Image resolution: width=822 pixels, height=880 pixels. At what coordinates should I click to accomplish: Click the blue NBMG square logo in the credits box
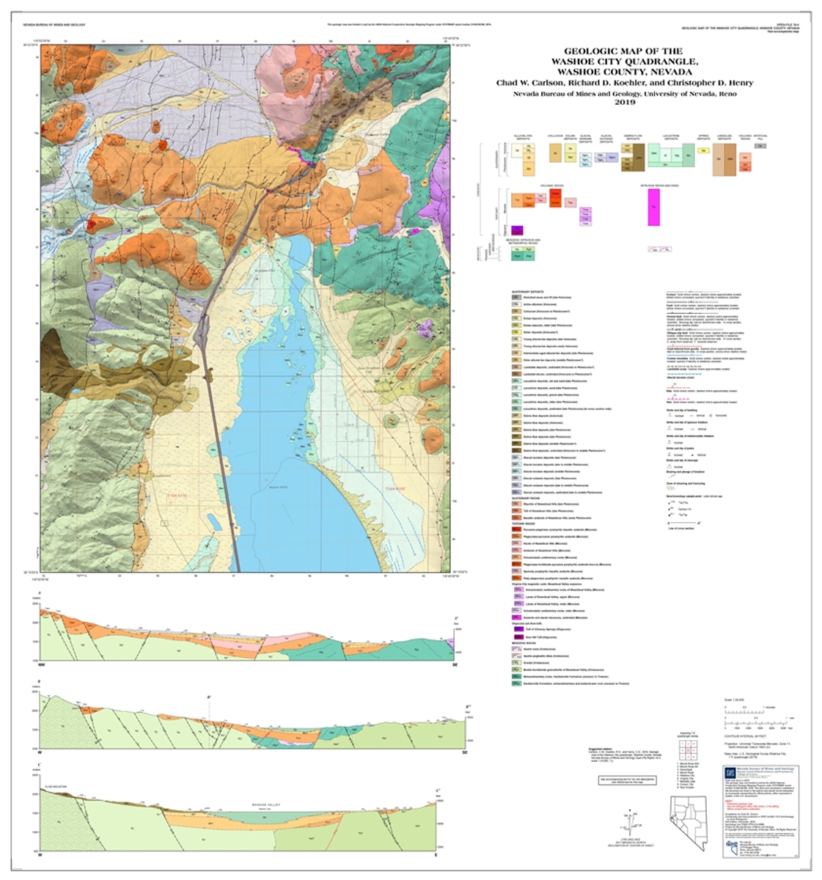730,772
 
